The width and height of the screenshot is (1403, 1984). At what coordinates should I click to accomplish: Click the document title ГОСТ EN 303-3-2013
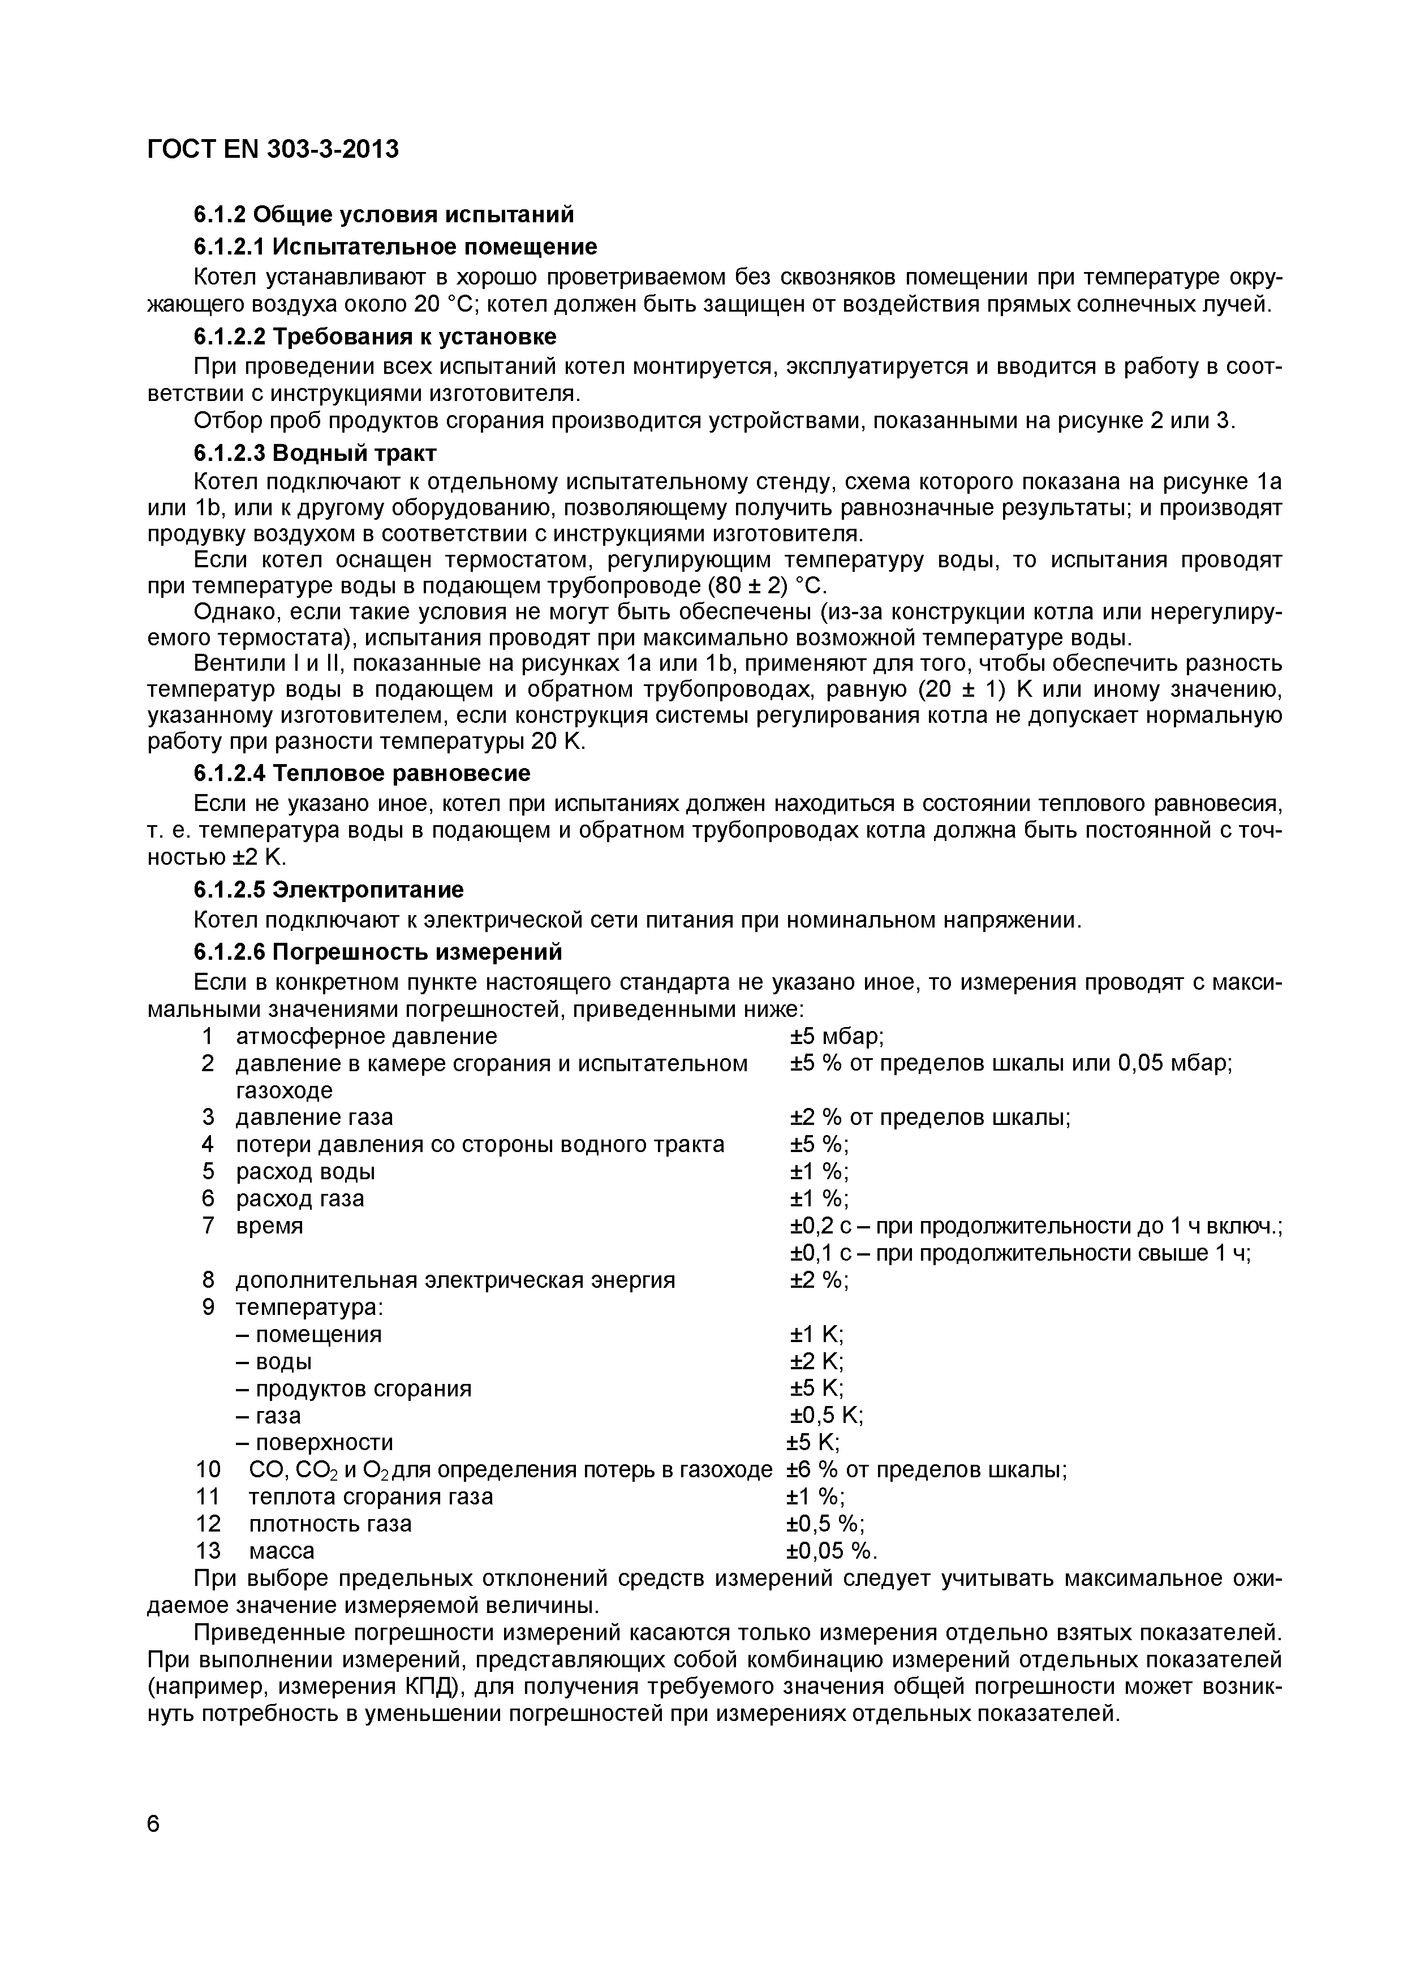click(273, 149)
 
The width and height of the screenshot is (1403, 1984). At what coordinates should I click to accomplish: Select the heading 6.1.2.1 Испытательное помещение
click(395, 247)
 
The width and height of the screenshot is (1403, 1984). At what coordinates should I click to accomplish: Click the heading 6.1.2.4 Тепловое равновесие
click(361, 771)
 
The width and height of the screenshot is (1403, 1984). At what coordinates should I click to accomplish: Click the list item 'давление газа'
click(314, 1118)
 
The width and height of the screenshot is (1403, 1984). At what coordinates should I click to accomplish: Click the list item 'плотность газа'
click(330, 1524)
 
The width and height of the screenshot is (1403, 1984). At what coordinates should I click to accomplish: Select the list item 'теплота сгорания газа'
click(371, 1496)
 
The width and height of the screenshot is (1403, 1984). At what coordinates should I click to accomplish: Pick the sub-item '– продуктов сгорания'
click(354, 1388)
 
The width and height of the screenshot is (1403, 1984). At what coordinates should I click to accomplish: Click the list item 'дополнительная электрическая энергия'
click(455, 1280)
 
